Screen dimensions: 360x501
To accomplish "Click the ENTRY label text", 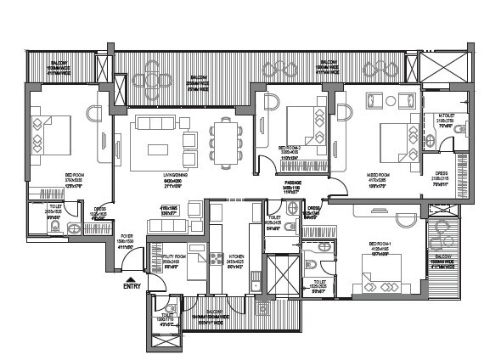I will click(x=132, y=286).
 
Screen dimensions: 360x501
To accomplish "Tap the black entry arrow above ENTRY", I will click(x=130, y=277).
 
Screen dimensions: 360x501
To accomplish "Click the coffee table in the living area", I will click(x=160, y=149).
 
